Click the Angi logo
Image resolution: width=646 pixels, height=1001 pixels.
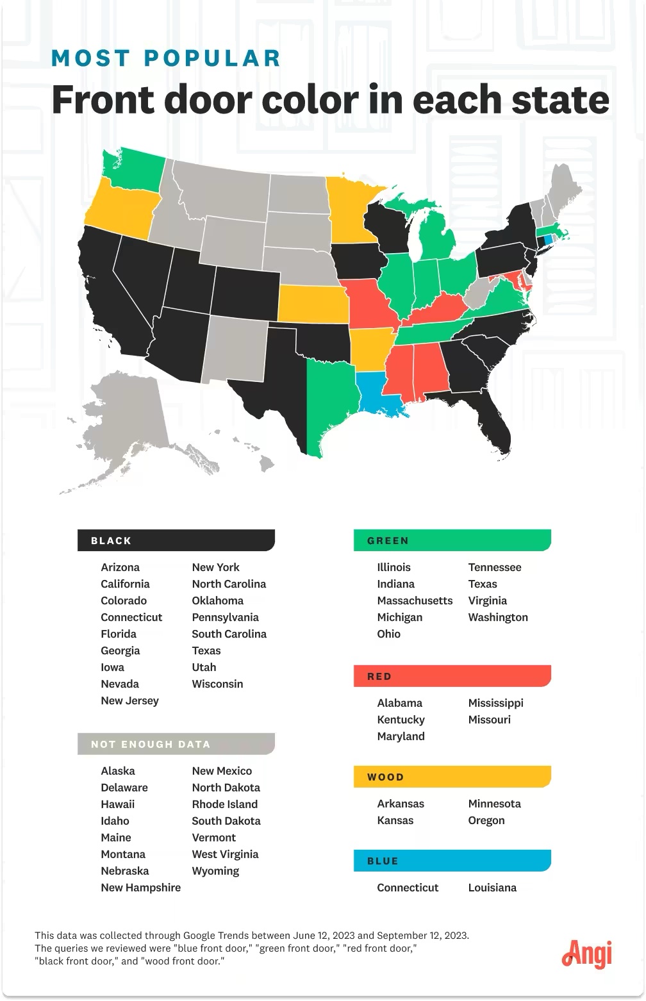[586, 953]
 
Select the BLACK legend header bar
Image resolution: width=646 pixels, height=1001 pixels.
[176, 540]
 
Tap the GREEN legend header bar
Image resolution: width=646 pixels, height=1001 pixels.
[452, 540]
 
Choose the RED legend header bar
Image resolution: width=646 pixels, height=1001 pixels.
[452, 676]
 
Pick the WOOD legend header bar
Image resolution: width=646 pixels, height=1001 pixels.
[452, 777]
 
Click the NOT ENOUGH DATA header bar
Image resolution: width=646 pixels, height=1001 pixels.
[176, 744]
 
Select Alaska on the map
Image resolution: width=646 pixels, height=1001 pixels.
[128, 417]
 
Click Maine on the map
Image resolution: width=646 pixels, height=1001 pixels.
[563, 186]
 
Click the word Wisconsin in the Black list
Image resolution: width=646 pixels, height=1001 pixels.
[217, 684]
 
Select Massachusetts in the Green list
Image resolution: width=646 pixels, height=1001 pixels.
[415, 600]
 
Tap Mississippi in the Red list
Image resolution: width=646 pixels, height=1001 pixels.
[495, 703]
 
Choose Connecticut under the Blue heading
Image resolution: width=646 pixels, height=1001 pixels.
[408, 888]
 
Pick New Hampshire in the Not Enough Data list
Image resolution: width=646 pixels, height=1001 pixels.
[140, 888]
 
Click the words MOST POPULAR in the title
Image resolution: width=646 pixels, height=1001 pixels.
[166, 58]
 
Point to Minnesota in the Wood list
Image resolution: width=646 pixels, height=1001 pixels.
[494, 804]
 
